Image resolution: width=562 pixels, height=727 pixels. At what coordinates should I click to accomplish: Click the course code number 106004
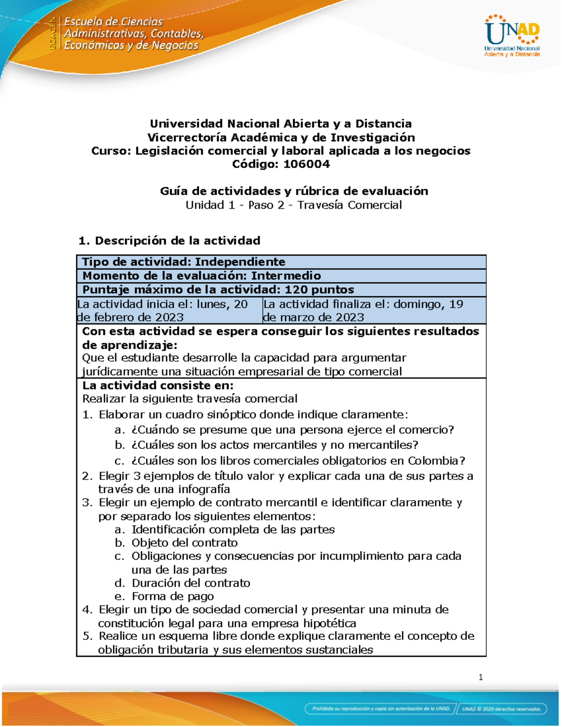click(x=306, y=164)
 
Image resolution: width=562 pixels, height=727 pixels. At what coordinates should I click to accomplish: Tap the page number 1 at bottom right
click(x=481, y=677)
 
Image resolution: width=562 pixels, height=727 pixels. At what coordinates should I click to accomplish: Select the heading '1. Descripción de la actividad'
click(x=169, y=241)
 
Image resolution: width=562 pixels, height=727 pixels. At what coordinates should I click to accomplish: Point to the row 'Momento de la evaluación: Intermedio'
click(x=201, y=276)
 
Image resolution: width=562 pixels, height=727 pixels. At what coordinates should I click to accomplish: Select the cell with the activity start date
click(x=169, y=310)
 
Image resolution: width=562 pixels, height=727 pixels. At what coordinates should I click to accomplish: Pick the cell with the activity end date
click(x=374, y=310)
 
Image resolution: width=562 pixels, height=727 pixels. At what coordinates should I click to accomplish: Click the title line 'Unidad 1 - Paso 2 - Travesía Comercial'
click(x=294, y=205)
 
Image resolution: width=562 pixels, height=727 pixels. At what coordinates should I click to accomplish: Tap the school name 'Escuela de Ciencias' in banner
click(x=113, y=22)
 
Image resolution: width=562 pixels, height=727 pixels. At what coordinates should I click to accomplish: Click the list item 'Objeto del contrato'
click(x=185, y=543)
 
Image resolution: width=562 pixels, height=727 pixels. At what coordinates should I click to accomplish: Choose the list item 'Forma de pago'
click(x=173, y=596)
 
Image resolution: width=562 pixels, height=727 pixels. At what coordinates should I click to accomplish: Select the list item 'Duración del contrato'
click(x=191, y=583)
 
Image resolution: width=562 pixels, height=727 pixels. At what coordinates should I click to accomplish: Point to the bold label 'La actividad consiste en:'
click(x=158, y=385)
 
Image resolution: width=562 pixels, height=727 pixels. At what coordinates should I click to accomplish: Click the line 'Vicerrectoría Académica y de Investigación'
click(x=281, y=137)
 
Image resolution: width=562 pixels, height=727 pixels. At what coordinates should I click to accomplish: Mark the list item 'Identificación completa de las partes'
click(x=233, y=529)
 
